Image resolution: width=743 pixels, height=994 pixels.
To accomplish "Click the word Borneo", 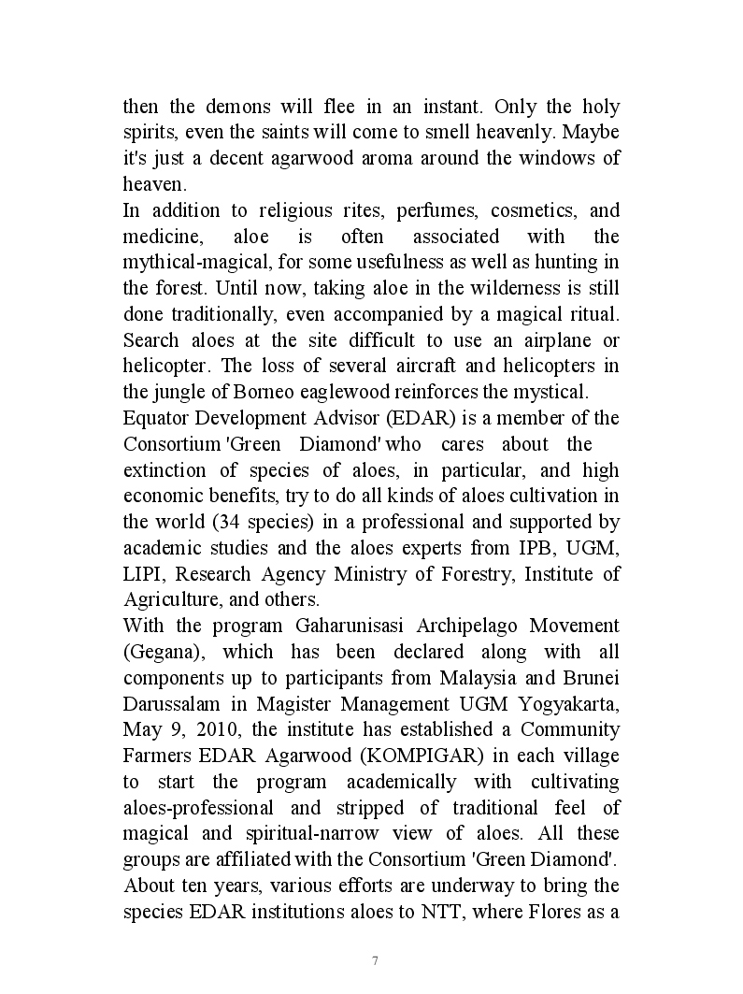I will pos(252,392).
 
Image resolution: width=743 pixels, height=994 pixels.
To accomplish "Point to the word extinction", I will pos(167,469).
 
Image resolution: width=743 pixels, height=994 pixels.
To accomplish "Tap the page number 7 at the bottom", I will pos(374,960).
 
